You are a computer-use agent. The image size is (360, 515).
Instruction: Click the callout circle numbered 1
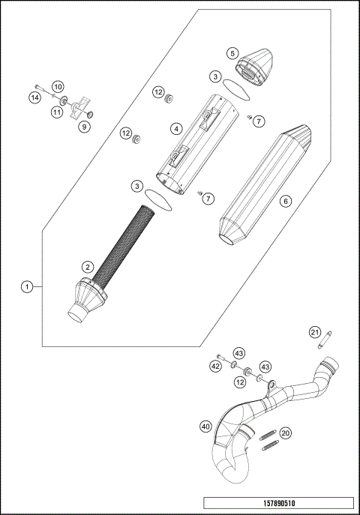pos(27,286)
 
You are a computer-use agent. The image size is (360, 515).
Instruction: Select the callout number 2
pos(88,266)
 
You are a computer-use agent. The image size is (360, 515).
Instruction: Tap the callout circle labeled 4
pos(175,129)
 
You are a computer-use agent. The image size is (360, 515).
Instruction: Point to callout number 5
pos(232,53)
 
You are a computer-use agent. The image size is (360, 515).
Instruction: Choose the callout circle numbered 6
pos(284,201)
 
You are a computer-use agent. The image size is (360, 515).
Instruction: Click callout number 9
pos(84,127)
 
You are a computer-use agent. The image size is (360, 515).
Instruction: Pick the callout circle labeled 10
pos(58,86)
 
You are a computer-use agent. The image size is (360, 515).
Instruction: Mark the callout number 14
pos(34,97)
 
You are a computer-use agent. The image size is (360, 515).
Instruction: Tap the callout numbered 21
pos(316,332)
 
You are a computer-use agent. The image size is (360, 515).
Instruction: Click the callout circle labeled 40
pos(205,427)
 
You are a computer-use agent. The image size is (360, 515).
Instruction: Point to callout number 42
pos(216,367)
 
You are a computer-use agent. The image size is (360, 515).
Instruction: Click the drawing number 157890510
pos(277,503)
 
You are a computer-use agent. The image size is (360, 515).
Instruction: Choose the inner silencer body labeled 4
pos(191,142)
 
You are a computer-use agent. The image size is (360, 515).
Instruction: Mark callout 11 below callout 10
pos(57,112)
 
